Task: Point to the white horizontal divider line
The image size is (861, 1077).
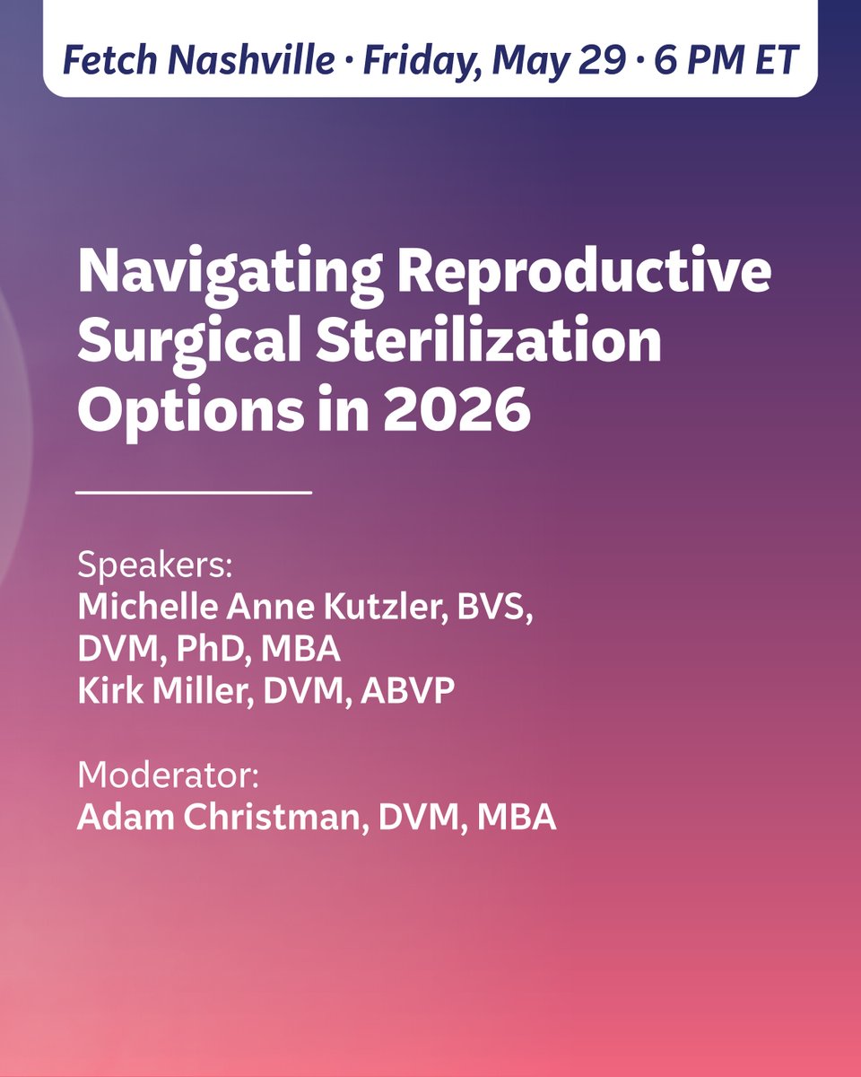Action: [x=194, y=492]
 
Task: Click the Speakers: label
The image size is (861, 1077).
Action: [x=154, y=569]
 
